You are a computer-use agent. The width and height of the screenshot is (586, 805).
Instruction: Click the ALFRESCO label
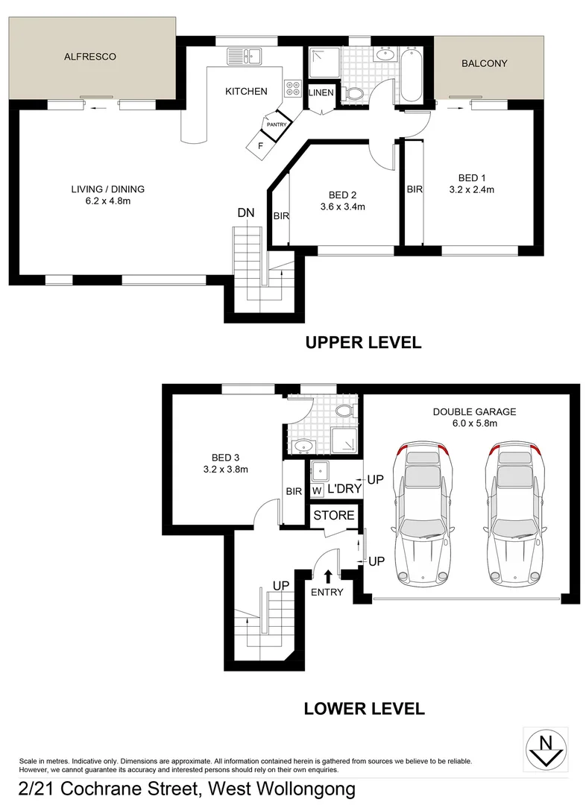[x=90, y=57]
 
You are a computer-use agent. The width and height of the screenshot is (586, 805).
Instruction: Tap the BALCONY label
[x=484, y=63]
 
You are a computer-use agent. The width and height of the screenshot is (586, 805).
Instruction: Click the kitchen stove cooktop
[x=291, y=88]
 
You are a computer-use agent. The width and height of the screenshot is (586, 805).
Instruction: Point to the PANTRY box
[x=276, y=124]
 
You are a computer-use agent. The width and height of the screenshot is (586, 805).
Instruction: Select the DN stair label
[x=246, y=213]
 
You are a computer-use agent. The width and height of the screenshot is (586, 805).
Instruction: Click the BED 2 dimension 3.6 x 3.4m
[x=341, y=207]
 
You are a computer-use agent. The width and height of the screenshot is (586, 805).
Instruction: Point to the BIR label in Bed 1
[x=415, y=190]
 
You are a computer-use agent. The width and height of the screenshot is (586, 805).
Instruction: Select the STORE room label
[x=333, y=516]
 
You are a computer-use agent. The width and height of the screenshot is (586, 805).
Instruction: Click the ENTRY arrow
[x=328, y=575]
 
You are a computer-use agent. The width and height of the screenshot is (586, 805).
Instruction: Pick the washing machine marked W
[x=316, y=490]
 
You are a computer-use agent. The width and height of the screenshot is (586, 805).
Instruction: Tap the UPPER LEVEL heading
[x=363, y=343]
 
